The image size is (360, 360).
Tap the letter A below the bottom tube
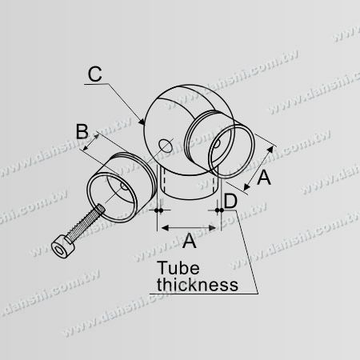[190, 240]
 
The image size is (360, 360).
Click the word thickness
[196, 284]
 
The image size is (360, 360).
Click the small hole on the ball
[165, 146]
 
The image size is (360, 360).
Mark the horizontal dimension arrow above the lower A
[190, 228]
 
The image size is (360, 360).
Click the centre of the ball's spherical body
[178, 128]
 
